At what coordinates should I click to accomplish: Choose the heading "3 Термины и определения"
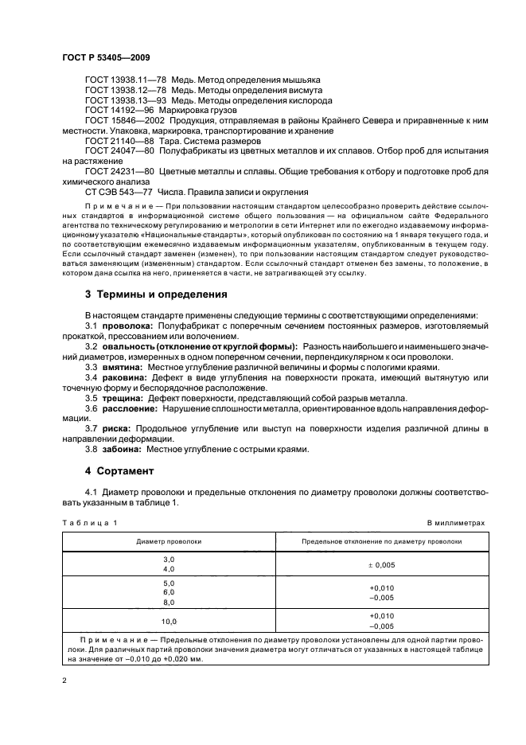pos(156,294)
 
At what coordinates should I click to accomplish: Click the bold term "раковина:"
pos(124,377)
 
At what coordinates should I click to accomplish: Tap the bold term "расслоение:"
pos(128,408)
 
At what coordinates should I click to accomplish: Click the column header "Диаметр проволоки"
pos(169,541)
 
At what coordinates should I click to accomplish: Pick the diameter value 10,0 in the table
pos(169,621)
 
